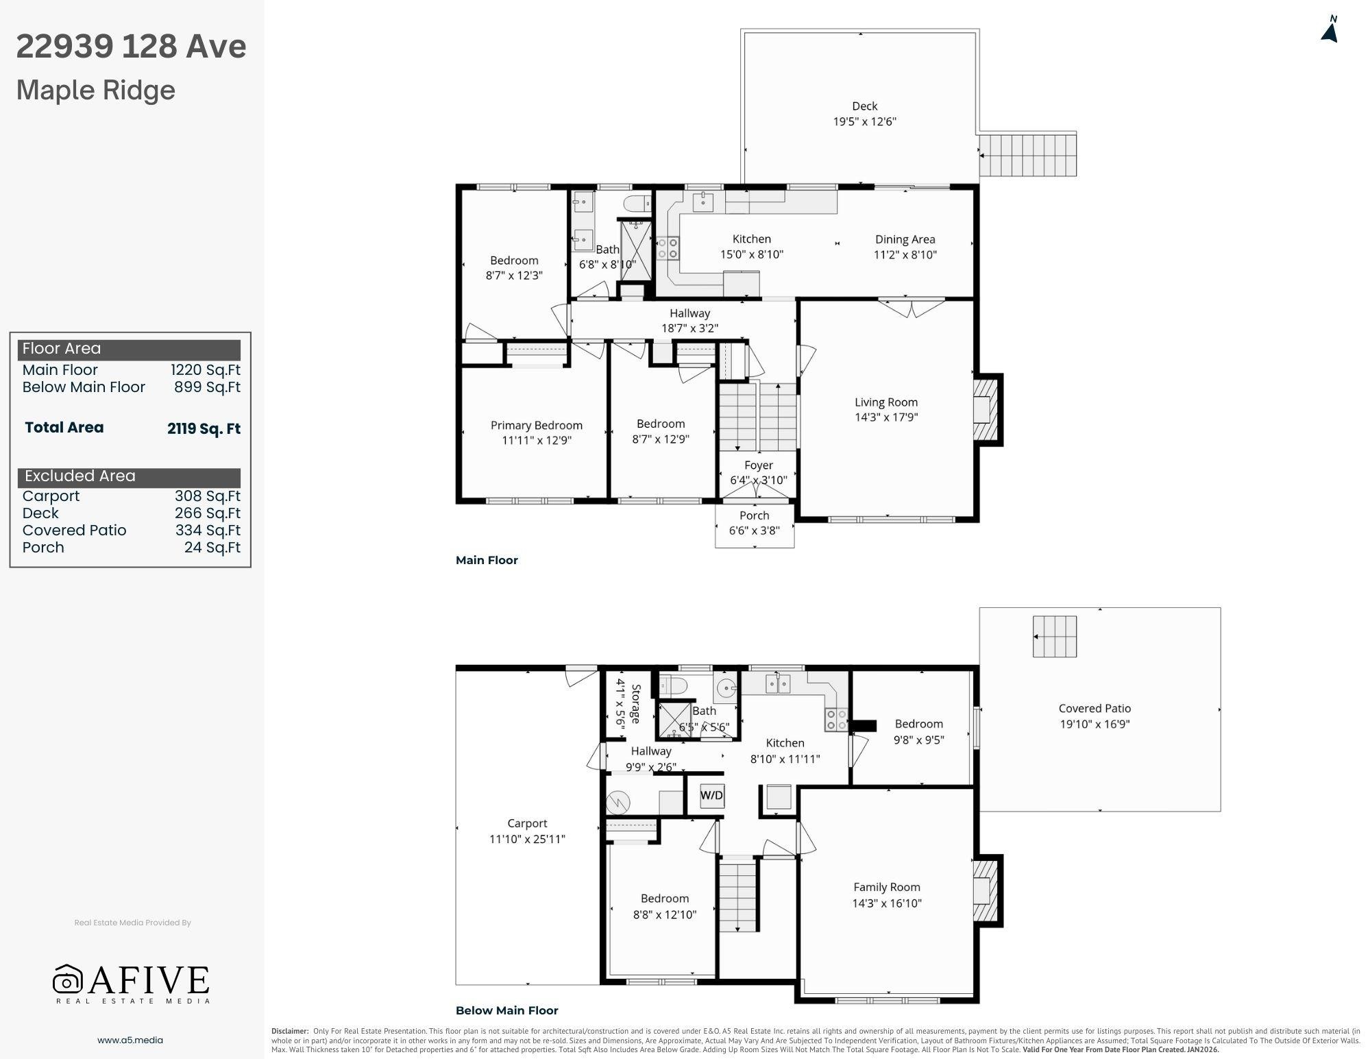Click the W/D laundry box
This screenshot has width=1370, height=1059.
(711, 796)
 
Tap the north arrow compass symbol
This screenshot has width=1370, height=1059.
(1330, 29)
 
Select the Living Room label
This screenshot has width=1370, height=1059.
(886, 402)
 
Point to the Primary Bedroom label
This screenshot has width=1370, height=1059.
(537, 426)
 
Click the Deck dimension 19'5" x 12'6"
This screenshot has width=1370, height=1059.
(865, 121)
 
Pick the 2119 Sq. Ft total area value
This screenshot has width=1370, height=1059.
(204, 429)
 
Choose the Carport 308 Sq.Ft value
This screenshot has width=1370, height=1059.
(207, 496)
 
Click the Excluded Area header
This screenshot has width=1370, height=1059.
(80, 476)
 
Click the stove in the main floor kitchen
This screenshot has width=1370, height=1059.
(668, 248)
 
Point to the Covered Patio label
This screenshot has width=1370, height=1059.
(1094, 709)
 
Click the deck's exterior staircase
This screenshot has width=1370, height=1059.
(1027, 155)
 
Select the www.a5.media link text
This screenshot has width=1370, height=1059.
(130, 1040)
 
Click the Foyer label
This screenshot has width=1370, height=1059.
(759, 465)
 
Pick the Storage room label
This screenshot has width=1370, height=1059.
(636, 703)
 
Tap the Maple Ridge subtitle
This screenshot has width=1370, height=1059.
(96, 90)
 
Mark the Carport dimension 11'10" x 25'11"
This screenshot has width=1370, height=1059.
(527, 839)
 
